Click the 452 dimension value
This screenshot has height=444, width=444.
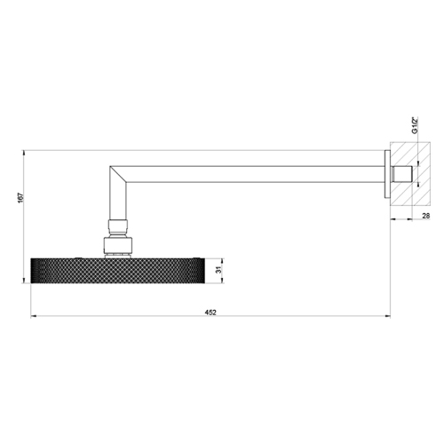(x=210, y=313)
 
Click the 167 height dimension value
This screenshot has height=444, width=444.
(x=20, y=198)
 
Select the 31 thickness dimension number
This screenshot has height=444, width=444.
(x=218, y=270)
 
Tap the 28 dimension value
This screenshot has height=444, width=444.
(x=425, y=216)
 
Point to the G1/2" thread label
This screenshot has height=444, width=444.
(x=415, y=125)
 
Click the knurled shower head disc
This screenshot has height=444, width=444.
(x=117, y=271)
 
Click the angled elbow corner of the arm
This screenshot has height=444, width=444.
(x=118, y=174)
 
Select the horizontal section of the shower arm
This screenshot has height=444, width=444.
(x=255, y=174)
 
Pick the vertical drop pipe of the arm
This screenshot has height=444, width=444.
(x=118, y=202)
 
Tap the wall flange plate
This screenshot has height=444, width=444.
(x=387, y=174)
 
